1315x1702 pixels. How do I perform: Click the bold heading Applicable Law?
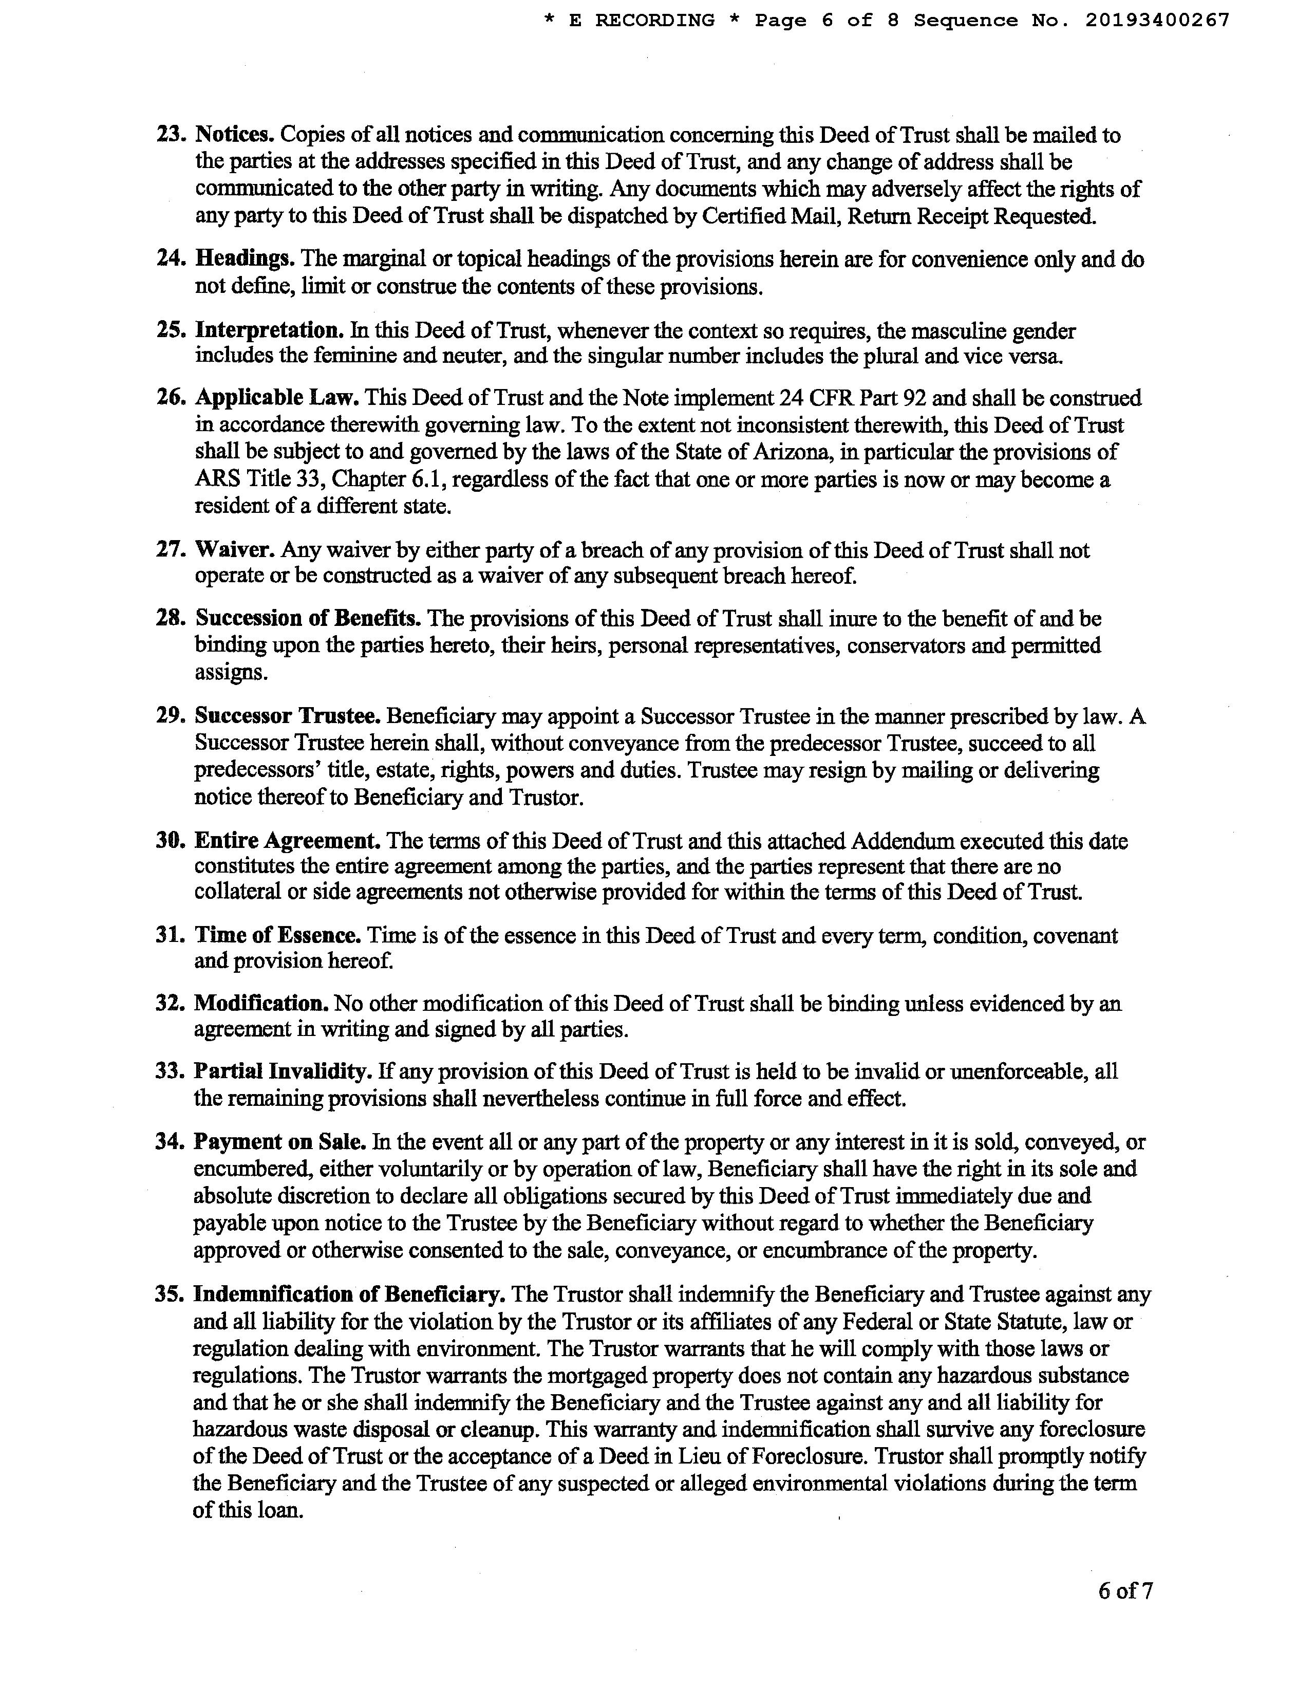click(276, 398)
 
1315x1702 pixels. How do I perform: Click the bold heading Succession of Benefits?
click(308, 618)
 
